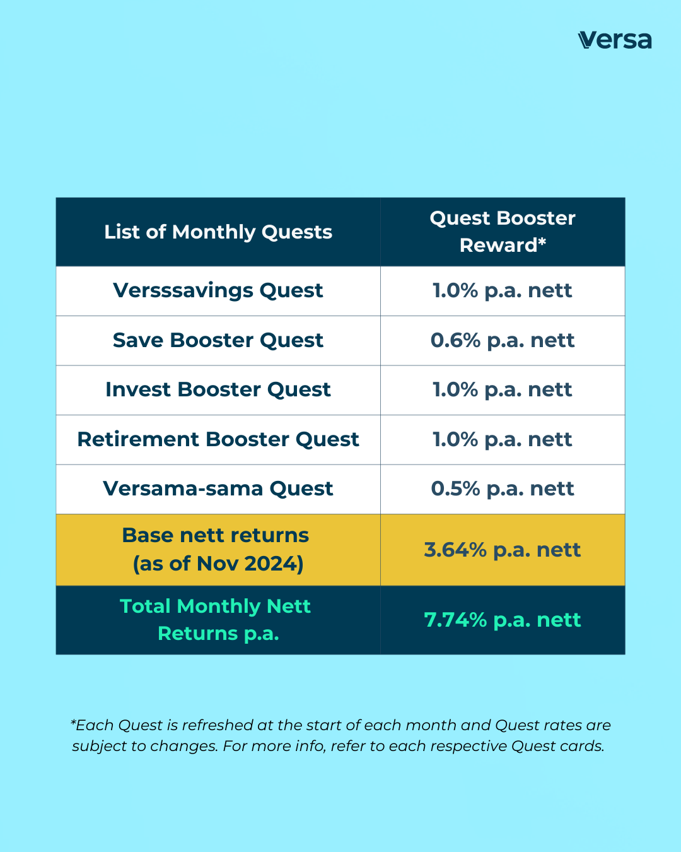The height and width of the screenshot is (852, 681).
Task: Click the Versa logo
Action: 614,40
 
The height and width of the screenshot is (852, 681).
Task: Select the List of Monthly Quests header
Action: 218,232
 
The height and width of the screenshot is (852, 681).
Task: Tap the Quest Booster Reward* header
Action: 503,232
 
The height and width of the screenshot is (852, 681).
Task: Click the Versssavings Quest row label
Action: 218,290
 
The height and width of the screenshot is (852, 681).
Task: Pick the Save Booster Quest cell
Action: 218,340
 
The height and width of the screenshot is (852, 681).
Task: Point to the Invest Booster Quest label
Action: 218,389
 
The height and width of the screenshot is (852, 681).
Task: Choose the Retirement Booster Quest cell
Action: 218,439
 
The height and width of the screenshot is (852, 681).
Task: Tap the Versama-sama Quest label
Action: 218,488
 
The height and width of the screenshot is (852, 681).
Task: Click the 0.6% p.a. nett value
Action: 503,340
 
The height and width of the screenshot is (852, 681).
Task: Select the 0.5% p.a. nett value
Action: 503,488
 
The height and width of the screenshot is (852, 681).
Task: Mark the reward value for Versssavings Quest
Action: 503,290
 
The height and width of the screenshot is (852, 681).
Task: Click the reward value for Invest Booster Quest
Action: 503,389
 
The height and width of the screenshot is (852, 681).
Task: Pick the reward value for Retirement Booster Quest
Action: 503,439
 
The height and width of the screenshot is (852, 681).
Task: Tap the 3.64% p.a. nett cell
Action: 503,550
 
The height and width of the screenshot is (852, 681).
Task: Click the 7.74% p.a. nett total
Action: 503,620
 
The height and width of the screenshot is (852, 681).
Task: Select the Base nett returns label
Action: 216,535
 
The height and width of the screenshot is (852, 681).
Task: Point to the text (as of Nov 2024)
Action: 218,564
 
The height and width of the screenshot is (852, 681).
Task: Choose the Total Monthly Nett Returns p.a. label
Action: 216,619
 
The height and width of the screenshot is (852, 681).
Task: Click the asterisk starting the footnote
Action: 73,723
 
